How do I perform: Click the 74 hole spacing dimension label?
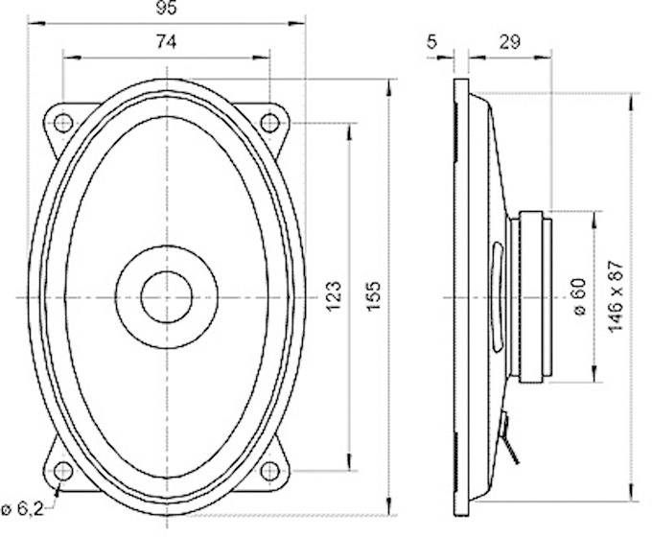(x=166, y=41)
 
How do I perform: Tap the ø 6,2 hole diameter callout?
(x=20, y=507)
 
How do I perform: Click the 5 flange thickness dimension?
(x=431, y=41)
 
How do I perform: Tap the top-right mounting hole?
(x=270, y=123)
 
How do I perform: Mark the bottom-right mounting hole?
(x=270, y=470)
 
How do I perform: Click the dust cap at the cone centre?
(x=167, y=296)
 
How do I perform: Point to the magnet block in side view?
(x=532, y=296)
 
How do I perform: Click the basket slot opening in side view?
(x=496, y=296)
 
